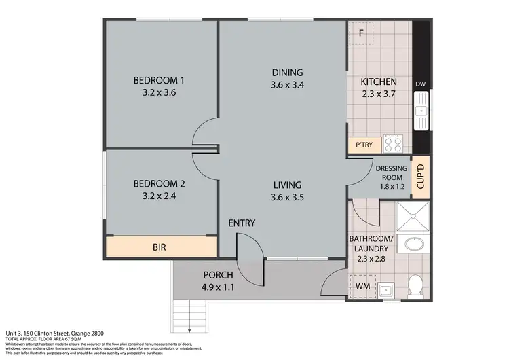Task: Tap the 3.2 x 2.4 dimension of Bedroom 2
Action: pyautogui.click(x=159, y=197)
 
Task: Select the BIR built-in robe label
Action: pyautogui.click(x=159, y=247)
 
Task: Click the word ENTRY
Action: pyautogui.click(x=242, y=223)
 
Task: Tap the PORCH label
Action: pyautogui.click(x=218, y=275)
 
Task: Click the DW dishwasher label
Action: pyautogui.click(x=420, y=85)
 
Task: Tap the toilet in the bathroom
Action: pyautogui.click(x=416, y=287)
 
